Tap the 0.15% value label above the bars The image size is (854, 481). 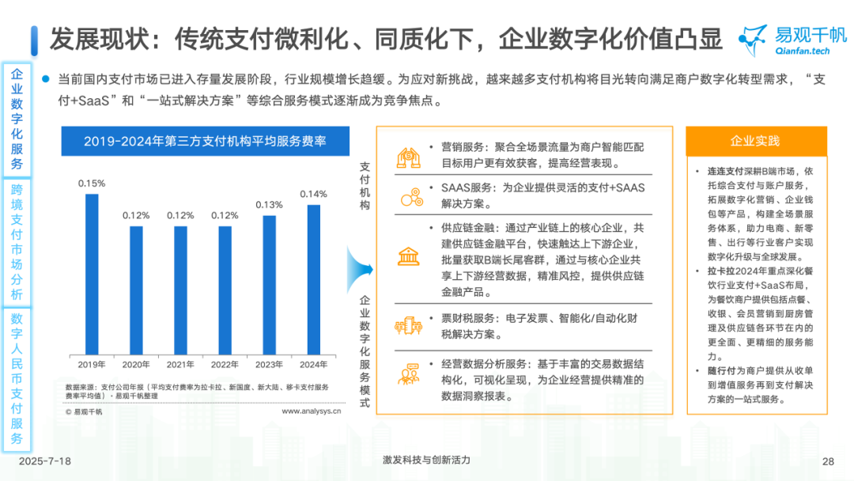click(92, 183)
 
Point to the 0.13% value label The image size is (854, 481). click(269, 205)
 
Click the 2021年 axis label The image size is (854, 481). click(180, 365)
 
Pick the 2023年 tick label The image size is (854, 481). click(269, 365)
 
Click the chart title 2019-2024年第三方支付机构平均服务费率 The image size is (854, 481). click(205, 142)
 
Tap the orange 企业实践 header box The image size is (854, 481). click(754, 142)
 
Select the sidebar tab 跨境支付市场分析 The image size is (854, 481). click(17, 241)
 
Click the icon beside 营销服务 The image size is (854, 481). click(409, 157)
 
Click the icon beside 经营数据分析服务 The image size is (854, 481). click(409, 373)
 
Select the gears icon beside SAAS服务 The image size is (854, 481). click(409, 196)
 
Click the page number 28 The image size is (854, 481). click(829, 461)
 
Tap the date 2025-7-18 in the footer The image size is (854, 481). click(45, 461)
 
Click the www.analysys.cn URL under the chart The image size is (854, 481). click(311, 411)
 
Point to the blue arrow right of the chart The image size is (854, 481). click(361, 269)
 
